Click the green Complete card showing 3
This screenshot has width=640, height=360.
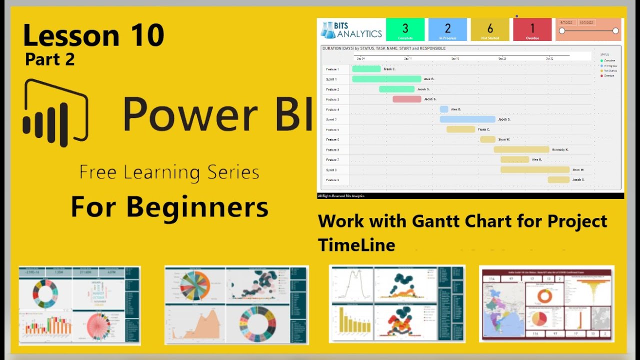coord(405,29)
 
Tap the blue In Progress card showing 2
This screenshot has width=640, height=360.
coord(447,29)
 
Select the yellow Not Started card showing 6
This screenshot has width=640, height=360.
coord(490,29)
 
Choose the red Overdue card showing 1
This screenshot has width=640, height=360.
coord(532,29)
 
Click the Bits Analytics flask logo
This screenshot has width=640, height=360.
coord(328,30)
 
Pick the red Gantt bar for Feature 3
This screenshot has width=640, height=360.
coord(406,99)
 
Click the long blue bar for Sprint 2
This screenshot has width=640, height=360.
coord(467,119)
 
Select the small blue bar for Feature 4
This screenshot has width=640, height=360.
coord(444,109)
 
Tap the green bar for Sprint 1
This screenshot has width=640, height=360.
coord(386,79)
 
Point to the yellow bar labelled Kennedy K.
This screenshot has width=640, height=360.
coord(521,149)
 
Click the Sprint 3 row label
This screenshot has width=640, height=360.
coord(331,170)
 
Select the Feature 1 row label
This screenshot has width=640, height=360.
coord(332,69)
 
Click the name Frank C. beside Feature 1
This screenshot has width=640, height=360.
coord(389,69)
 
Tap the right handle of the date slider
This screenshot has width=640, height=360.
coord(615,31)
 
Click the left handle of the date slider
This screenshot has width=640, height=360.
coord(562,31)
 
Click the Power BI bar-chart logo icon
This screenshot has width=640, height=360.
coord(55,113)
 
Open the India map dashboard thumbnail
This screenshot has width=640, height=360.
coord(546,303)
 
